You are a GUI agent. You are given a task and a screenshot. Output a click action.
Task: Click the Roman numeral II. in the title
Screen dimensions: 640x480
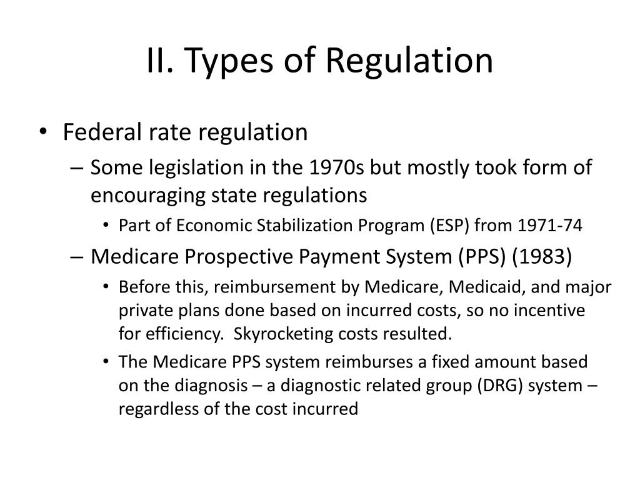coord(160,60)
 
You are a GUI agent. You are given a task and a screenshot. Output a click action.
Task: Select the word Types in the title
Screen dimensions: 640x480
coord(229,62)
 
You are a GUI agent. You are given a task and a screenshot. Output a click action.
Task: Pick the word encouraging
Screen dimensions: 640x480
coord(147,196)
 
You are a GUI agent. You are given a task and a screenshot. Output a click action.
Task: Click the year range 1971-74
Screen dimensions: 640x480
coord(549,225)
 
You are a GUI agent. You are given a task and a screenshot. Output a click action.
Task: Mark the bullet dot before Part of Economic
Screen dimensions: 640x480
coord(106,225)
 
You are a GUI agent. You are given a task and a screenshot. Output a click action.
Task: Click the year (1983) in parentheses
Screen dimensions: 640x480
coord(542,257)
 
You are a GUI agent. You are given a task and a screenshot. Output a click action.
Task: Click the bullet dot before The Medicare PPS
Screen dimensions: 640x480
coord(106,362)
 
